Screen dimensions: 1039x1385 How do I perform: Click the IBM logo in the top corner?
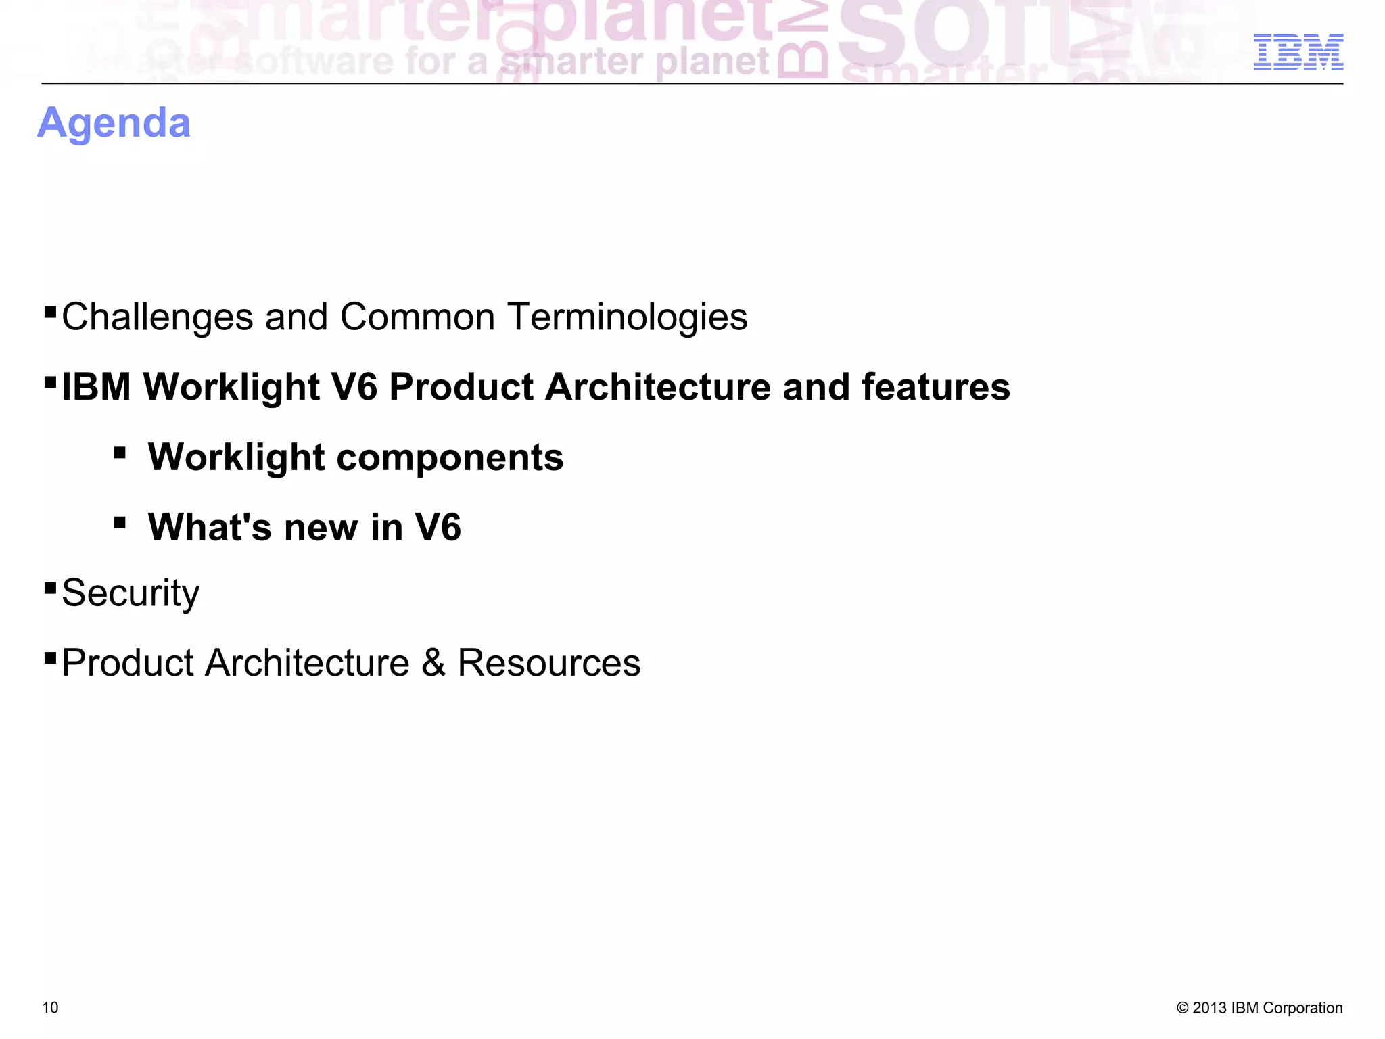[x=1298, y=52]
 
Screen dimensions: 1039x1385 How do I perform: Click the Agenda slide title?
[x=114, y=124]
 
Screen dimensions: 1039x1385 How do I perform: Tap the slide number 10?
[x=50, y=1007]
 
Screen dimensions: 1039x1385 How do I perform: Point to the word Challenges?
[x=158, y=317]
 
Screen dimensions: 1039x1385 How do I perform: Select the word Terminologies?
[x=628, y=317]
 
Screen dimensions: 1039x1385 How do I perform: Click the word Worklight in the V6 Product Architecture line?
[x=231, y=387]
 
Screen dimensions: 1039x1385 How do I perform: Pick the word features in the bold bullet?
[x=936, y=387]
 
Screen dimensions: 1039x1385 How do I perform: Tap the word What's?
[x=210, y=528]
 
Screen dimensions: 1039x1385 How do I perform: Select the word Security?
[x=131, y=593]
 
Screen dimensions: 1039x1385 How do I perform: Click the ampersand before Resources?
[x=433, y=663]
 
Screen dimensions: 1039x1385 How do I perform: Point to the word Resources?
[x=549, y=663]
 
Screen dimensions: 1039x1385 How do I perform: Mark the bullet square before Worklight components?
[x=120, y=452]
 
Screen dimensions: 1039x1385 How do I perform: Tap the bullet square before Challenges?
[x=49, y=311]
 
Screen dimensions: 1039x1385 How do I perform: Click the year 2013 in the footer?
[x=1209, y=1008]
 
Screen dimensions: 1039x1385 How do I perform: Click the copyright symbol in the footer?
[x=1182, y=1008]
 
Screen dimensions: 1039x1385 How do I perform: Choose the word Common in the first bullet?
[x=417, y=317]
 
